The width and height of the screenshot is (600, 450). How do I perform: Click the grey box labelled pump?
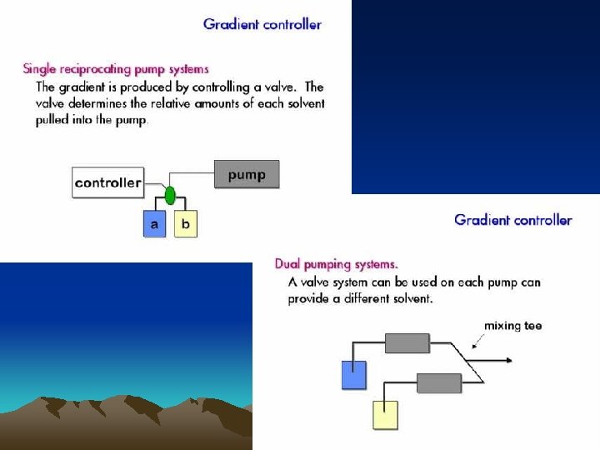click(247, 175)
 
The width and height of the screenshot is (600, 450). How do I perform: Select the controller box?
click(107, 182)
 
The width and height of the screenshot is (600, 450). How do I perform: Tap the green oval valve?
click(170, 196)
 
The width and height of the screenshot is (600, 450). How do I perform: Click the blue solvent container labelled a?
click(154, 224)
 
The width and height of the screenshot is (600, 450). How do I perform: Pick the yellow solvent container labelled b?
click(186, 224)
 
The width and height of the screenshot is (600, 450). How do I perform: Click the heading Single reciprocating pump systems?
click(116, 68)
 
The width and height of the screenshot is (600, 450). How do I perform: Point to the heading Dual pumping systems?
click(337, 264)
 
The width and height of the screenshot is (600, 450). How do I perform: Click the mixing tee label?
click(512, 326)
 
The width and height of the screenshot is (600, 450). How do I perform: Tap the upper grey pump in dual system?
click(407, 343)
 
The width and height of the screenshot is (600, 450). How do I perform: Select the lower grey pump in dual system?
click(438, 383)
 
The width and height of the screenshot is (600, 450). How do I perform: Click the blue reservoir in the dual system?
click(354, 375)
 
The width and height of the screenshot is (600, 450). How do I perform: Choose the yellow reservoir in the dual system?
click(385, 414)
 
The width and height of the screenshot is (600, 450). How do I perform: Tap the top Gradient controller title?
click(262, 24)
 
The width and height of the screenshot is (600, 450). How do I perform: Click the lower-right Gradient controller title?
click(513, 220)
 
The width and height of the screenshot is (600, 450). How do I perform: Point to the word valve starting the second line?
click(51, 103)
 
